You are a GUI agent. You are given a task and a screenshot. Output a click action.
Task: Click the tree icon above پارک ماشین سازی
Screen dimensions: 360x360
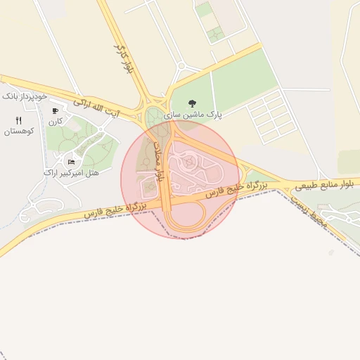pos(192,103)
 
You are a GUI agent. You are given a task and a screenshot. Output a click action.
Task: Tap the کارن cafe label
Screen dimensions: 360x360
pos(56,122)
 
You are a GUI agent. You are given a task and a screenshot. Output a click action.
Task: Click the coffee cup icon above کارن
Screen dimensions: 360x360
pos(56,111)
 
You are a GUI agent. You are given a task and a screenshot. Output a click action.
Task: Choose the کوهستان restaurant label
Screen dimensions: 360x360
pos(19,131)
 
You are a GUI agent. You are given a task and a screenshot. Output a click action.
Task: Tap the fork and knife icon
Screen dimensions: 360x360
pos(19,120)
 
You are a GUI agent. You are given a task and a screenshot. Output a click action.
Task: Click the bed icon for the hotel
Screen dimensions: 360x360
pos(72,162)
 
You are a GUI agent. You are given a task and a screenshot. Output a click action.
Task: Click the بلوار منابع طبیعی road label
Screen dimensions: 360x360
pos(321,185)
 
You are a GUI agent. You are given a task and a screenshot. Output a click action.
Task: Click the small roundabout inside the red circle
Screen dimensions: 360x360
pos(191,162)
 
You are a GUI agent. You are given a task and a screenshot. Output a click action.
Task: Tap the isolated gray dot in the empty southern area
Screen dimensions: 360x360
pos(330,252)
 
